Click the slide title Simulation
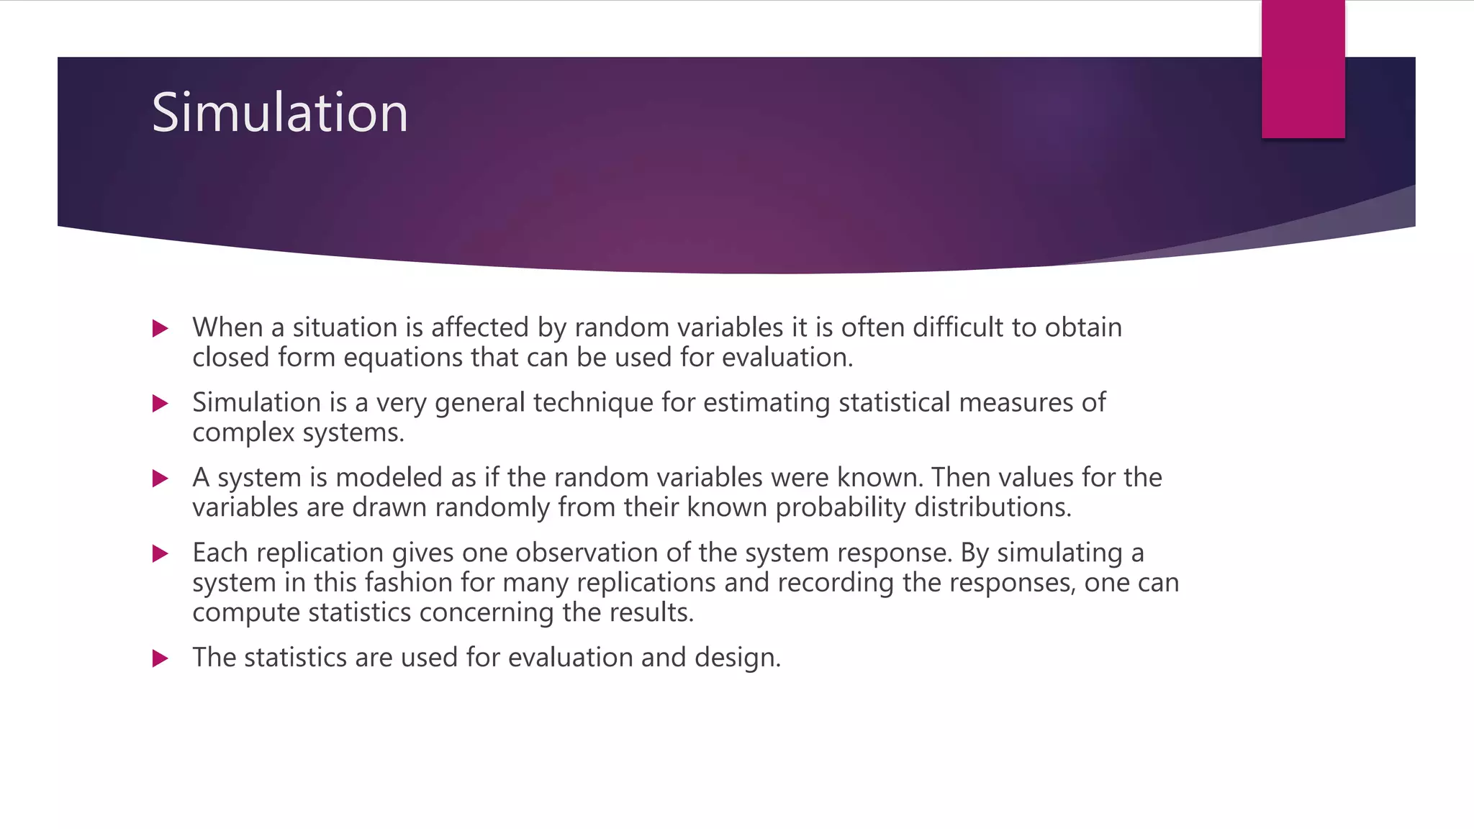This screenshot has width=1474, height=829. point(279,113)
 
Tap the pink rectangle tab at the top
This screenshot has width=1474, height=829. point(1303,69)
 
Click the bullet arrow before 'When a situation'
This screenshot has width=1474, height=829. point(160,329)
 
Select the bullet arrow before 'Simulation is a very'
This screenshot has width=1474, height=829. point(160,404)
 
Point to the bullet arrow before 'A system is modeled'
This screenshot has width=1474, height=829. point(160,479)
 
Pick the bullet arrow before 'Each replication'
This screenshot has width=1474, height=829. point(160,553)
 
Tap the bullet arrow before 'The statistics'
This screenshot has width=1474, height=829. point(160,658)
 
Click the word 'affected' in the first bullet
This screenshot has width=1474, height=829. point(480,327)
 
